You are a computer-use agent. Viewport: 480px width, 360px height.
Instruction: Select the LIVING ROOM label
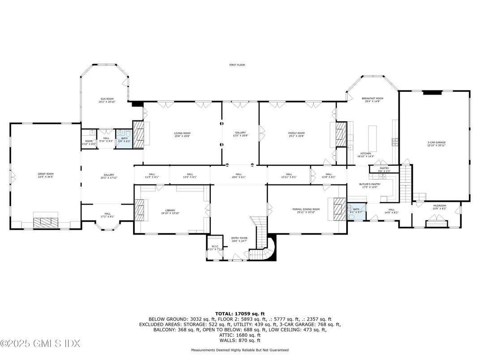point(182,134)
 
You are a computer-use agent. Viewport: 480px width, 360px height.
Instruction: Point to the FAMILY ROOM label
point(296,134)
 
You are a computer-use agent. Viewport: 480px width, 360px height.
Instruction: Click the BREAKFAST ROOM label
point(373,99)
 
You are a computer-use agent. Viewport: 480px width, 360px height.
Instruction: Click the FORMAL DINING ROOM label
point(306,210)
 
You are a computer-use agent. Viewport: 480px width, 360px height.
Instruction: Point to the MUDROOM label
point(439,207)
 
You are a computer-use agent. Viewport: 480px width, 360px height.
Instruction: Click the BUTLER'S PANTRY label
point(370,185)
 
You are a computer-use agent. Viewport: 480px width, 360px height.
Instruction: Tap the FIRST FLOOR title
point(237,65)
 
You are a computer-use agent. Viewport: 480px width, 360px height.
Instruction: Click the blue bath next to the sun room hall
point(123,139)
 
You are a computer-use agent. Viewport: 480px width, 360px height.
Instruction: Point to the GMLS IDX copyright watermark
point(40,343)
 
